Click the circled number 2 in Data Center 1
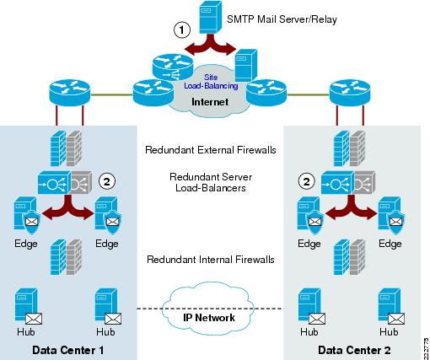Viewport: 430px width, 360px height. (106, 180)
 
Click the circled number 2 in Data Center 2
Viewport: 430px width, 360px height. (307, 180)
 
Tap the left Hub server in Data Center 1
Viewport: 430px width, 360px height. (26, 307)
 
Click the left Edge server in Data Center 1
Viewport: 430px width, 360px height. (26, 215)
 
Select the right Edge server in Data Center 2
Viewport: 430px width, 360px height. (390, 215)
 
